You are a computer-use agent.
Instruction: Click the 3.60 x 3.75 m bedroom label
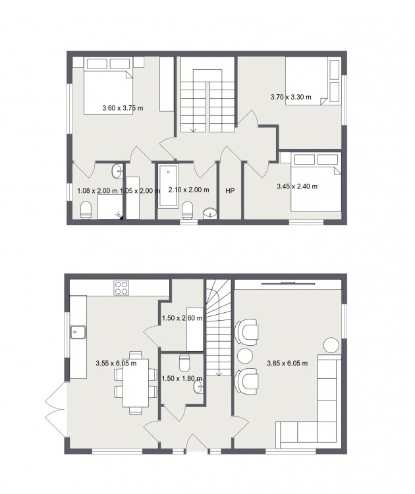(123, 108)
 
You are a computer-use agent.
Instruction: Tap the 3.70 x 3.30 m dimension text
(291, 97)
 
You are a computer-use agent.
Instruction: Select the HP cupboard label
(230, 190)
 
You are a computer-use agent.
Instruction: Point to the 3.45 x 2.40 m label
(297, 186)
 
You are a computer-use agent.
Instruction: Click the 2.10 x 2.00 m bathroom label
(189, 190)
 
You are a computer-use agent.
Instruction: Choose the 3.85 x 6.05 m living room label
(287, 363)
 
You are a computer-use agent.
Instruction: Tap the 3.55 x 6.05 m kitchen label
(116, 363)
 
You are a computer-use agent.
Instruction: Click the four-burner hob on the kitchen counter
(122, 288)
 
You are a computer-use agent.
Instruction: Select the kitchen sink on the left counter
(78, 332)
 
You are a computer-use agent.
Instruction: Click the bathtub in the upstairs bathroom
(168, 185)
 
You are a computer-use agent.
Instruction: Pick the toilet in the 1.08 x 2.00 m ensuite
(86, 210)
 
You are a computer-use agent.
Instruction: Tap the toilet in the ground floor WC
(184, 363)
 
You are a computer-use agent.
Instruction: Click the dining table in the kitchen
(136, 383)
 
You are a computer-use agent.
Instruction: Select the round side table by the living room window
(331, 346)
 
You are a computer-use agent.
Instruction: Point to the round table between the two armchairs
(245, 356)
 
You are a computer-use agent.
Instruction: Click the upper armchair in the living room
(247, 331)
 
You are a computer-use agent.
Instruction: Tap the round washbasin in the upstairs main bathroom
(210, 213)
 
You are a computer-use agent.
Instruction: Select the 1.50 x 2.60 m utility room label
(182, 318)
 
